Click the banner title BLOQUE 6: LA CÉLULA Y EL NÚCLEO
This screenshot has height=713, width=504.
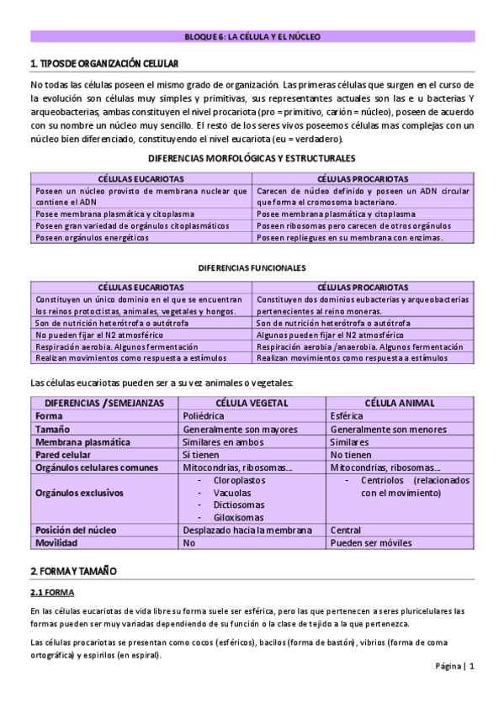[252, 37]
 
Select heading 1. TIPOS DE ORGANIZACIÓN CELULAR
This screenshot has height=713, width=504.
[103, 64]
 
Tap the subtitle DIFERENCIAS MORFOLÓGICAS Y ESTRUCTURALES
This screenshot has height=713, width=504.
[252, 158]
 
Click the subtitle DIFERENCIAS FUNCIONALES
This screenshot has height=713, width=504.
[252, 268]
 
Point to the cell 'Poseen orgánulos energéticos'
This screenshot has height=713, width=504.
[93, 238]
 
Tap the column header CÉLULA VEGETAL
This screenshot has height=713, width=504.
[252, 403]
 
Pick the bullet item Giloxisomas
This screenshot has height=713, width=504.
[238, 518]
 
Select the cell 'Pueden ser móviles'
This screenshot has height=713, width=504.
[370, 543]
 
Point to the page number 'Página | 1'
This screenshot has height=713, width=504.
[454, 666]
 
